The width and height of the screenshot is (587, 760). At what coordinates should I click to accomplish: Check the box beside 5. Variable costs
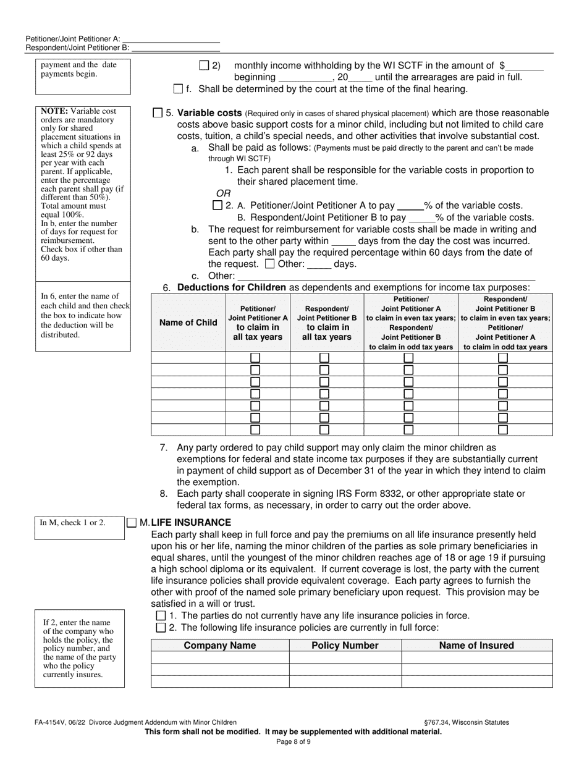coord(158,113)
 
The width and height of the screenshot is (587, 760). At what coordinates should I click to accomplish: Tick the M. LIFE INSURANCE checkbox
coord(132,523)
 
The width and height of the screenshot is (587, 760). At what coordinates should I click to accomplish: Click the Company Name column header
coord(220,646)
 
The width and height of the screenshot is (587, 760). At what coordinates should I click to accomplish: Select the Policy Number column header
coord(345,646)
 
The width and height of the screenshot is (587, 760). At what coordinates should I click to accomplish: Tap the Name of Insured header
coord(476,646)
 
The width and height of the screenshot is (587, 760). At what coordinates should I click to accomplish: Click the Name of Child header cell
coord(188,323)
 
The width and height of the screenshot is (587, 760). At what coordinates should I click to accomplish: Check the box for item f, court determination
coord(179,89)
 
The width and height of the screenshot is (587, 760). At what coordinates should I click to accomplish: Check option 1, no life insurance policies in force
coord(161,615)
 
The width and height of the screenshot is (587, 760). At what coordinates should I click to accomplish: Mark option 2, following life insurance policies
coord(161,628)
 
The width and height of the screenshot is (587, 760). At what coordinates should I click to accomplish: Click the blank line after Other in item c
coord(386,276)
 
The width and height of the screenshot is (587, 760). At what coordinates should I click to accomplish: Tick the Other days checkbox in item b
coord(269,264)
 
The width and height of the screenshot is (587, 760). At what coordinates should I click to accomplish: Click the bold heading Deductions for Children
coord(232,287)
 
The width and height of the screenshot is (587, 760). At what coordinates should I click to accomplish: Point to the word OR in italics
coord(223,193)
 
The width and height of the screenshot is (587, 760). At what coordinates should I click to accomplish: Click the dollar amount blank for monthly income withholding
coord(525,65)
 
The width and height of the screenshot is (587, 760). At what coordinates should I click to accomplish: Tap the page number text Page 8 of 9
coord(293,741)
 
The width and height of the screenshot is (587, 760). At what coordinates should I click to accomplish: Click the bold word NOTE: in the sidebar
coord(53,111)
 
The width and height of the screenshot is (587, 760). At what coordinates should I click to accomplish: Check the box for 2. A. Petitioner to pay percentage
coord(217,205)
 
